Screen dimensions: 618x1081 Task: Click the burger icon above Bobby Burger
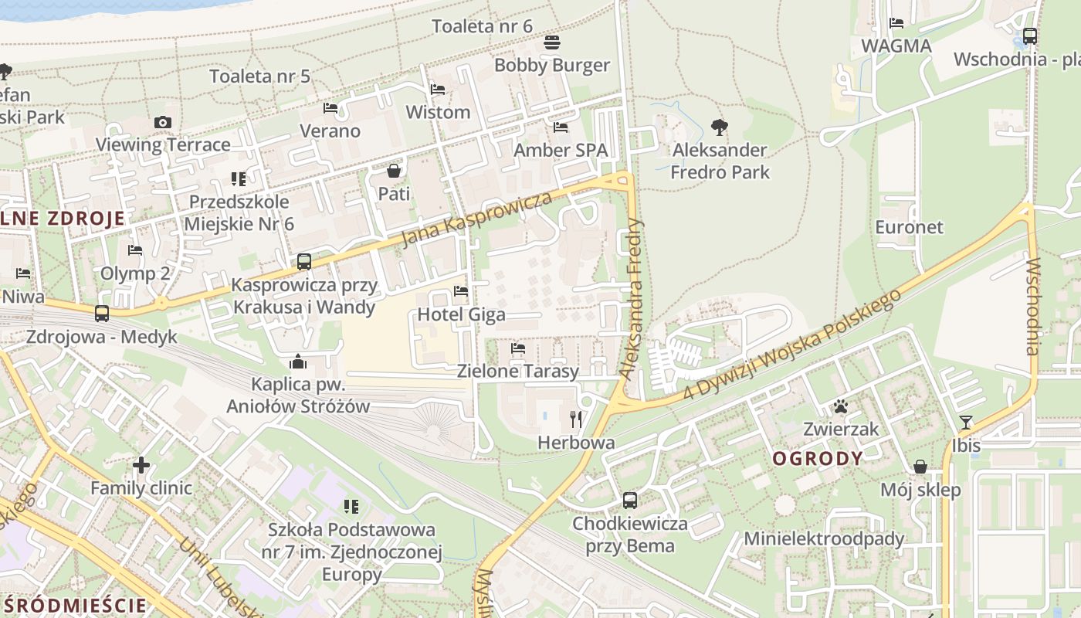(551, 42)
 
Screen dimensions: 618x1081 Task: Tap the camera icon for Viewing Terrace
(162, 122)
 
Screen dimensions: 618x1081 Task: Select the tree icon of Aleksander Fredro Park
(720, 127)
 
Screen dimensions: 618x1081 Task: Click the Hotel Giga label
(462, 314)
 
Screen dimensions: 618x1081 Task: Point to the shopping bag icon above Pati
(394, 171)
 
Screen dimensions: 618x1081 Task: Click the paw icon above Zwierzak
(841, 406)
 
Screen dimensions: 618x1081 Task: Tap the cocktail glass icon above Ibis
(965, 422)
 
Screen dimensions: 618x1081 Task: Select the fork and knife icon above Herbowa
(576, 419)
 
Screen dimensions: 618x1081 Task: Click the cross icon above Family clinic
(141, 465)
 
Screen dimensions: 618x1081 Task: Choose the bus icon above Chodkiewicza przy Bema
(630, 501)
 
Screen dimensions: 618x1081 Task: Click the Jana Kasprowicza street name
(473, 219)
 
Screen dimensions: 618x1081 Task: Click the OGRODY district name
(818, 459)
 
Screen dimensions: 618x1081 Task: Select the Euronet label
(910, 227)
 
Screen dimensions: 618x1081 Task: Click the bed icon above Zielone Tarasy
(518, 348)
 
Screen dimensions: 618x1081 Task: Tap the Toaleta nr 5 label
(260, 76)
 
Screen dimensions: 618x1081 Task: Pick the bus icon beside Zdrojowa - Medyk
(102, 314)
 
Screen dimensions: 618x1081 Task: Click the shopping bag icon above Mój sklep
(920, 467)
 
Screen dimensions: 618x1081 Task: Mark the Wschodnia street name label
(1033, 307)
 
